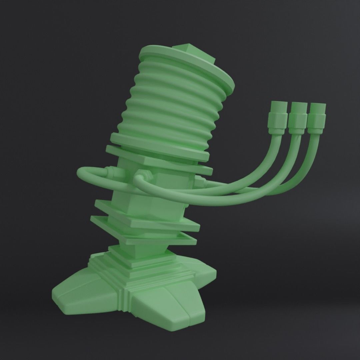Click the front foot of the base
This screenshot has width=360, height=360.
pos(167,307)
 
